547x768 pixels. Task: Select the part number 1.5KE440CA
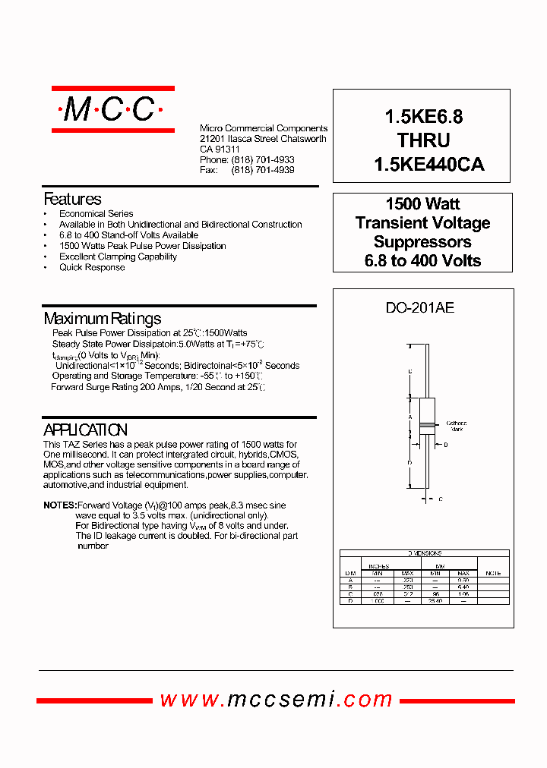point(428,164)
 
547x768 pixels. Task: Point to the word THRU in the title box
point(423,140)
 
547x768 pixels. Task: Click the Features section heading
point(72,200)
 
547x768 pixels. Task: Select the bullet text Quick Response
point(92,267)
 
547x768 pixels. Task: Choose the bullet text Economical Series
point(96,214)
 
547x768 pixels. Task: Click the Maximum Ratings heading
point(103,319)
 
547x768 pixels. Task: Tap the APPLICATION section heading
point(85,430)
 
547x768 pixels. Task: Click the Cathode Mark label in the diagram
point(456,426)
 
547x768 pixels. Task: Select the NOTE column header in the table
point(493,573)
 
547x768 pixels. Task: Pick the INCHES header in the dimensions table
point(378,566)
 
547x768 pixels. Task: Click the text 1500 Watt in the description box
point(422,204)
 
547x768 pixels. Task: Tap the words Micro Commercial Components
point(264,128)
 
